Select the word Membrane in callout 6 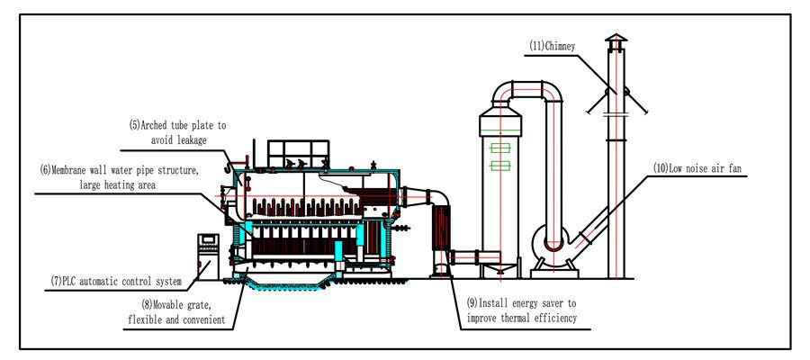click(x=76, y=169)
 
